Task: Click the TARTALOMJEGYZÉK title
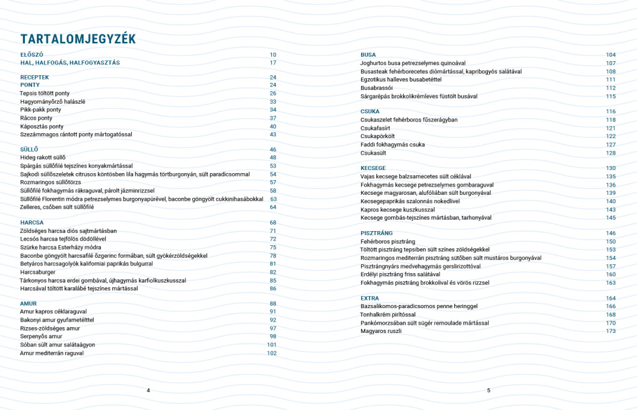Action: pyautogui.click(x=78, y=39)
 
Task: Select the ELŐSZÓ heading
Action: pyautogui.click(x=32, y=55)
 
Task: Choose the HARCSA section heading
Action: pyautogui.click(x=32, y=223)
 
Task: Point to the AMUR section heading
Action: pyautogui.click(x=29, y=304)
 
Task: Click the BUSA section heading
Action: pyautogui.click(x=368, y=55)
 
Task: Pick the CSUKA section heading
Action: pyautogui.click(x=370, y=111)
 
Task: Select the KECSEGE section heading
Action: pyautogui.click(x=373, y=168)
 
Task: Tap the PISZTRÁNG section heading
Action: pyautogui.click(x=376, y=234)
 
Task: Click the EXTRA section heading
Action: pyautogui.click(x=370, y=299)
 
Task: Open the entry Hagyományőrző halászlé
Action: pyautogui.click(x=52, y=101)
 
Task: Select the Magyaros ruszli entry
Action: pyautogui.click(x=381, y=331)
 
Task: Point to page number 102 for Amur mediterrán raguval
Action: pyautogui.click(x=272, y=353)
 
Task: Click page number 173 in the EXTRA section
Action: pyautogui.click(x=611, y=331)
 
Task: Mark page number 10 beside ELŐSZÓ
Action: pyautogui.click(x=273, y=55)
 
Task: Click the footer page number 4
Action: pyautogui.click(x=148, y=390)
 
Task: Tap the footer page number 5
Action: pyautogui.click(x=489, y=390)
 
